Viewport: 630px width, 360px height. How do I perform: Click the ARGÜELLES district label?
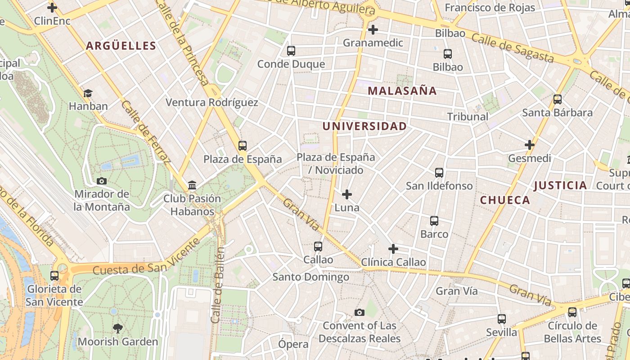click(121, 45)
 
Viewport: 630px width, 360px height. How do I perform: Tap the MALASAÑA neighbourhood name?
click(402, 90)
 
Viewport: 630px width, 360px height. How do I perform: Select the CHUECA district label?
click(505, 200)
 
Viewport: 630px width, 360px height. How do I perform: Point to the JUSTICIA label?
click(560, 185)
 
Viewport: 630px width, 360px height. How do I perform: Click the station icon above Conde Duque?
click(291, 51)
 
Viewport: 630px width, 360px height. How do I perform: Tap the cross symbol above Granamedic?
click(373, 30)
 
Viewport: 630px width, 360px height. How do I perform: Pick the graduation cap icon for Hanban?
click(88, 93)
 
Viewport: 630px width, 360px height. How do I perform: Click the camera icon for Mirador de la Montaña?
click(102, 181)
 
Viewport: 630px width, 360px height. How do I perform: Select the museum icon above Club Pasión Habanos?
click(192, 185)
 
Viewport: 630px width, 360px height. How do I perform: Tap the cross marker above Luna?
click(347, 194)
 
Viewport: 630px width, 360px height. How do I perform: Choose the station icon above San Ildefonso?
click(439, 172)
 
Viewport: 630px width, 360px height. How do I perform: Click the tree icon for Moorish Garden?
click(118, 328)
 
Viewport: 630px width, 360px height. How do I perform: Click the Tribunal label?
click(468, 117)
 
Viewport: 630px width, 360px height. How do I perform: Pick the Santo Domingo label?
click(311, 277)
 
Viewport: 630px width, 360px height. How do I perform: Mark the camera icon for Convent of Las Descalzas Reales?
click(359, 312)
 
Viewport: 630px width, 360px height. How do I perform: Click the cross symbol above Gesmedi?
click(530, 145)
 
